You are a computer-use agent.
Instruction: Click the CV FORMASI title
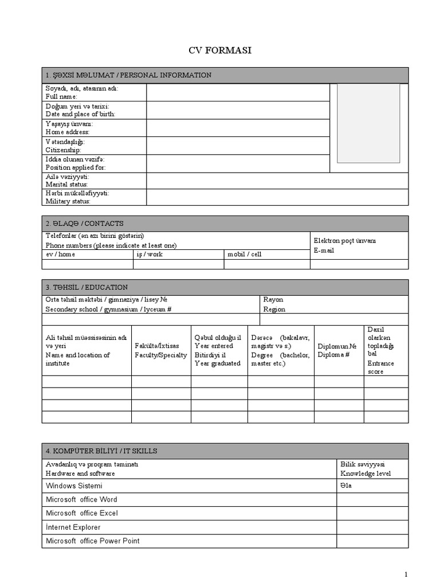point(220,50)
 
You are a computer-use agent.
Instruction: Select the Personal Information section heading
point(128,75)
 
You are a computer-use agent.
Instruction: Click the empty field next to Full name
point(238,93)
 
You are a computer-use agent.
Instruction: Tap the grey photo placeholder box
point(368,123)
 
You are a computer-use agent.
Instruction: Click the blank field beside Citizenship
point(238,146)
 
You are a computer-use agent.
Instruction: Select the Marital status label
point(67,181)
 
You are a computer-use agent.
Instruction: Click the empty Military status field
point(277,197)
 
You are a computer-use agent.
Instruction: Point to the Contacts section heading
point(85,224)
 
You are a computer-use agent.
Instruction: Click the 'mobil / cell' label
point(245,254)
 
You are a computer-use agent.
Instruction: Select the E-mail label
point(324,251)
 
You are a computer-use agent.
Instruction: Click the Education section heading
point(87,287)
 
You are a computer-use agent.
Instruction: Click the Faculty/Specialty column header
point(160,351)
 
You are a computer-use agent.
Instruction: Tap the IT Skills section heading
point(101,451)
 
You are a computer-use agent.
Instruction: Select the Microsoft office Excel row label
point(81,513)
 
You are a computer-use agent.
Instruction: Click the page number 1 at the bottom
point(406,574)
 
